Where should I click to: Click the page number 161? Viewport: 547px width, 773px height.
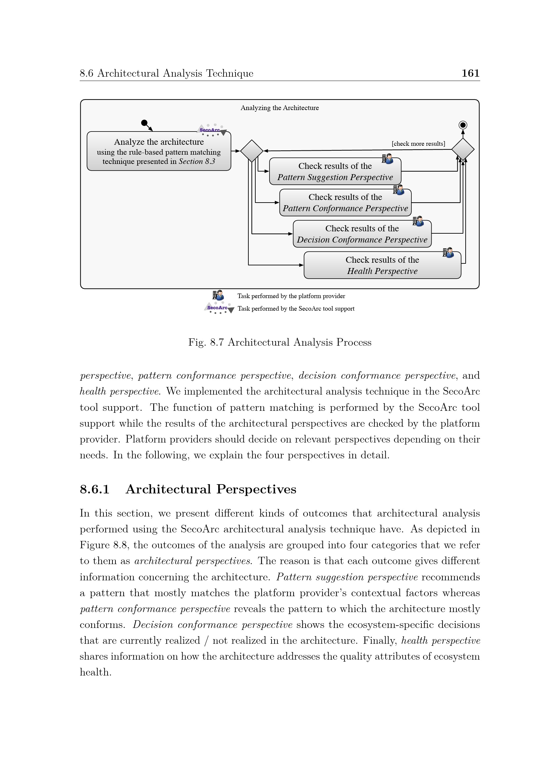pos(470,73)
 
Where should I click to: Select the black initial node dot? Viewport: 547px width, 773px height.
pos(144,123)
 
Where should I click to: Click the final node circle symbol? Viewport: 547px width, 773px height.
pos(463,125)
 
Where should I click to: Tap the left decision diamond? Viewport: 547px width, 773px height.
pos(252,151)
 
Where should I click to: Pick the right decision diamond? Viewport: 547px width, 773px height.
pos(463,149)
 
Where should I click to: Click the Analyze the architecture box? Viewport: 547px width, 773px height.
pos(159,151)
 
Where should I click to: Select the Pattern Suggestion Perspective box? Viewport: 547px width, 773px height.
pos(335,172)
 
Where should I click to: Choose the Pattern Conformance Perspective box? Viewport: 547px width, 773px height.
pos(345,202)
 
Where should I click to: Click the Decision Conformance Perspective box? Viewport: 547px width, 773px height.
pos(362,234)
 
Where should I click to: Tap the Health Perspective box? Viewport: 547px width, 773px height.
pos(382,265)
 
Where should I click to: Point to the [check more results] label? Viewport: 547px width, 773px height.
pos(418,144)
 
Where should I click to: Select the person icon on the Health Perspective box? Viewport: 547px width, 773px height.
pos(448,252)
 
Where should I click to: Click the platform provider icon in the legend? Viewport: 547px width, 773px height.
pos(218,295)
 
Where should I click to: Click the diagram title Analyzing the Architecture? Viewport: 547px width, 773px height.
pos(279,108)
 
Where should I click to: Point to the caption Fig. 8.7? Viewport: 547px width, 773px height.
pos(279,342)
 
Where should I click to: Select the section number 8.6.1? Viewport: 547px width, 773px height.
pos(95,489)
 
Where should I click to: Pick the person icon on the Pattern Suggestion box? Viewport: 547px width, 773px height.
pos(387,159)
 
